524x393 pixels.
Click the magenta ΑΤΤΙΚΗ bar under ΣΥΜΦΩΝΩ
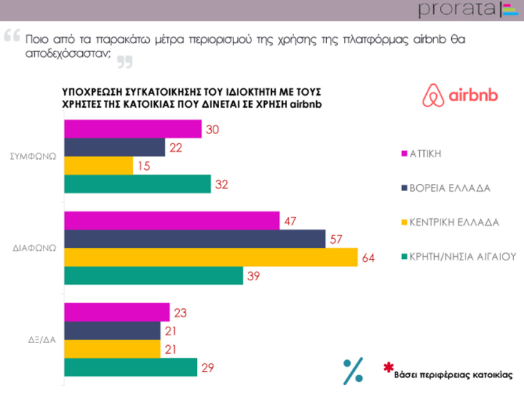pyautogui.click(x=133, y=129)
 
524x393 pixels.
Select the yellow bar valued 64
pyautogui.click(x=211, y=257)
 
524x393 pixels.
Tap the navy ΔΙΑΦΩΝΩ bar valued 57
pyautogui.click(x=194, y=239)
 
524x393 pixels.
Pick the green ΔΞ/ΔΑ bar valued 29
pyautogui.click(x=131, y=367)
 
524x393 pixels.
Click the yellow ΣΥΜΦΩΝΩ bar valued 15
pyautogui.click(x=99, y=165)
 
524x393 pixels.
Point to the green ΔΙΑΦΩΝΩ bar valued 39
pyautogui.click(x=153, y=275)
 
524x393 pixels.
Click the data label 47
pyautogui.click(x=291, y=221)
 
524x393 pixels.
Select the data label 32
pyautogui.click(x=222, y=184)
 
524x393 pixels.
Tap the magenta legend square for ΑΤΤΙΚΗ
pyautogui.click(x=404, y=153)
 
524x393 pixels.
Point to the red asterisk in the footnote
pyautogui.click(x=388, y=368)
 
